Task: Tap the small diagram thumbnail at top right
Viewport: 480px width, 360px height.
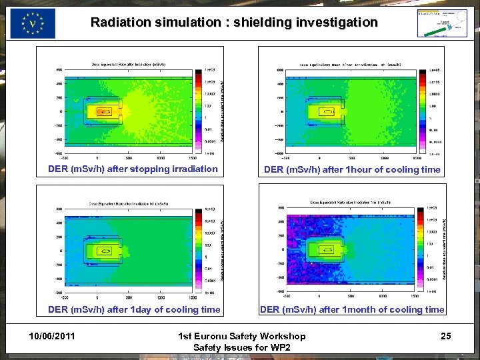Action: [442, 23]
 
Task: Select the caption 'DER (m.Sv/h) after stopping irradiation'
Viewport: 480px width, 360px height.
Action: [133, 169]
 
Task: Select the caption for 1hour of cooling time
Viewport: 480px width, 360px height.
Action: [352, 169]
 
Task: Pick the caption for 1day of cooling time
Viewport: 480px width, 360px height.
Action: [133, 309]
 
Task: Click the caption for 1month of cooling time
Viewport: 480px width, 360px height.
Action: [352, 309]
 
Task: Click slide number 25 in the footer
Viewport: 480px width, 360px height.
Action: [445, 336]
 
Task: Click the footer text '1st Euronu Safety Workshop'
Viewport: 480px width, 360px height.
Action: [241, 336]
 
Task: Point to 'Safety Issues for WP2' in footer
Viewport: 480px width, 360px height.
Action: [241, 348]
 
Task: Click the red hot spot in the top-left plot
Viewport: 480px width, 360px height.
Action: [103, 112]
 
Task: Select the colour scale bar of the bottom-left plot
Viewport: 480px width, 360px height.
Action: [199, 251]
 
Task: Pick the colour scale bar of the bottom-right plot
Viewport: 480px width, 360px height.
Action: [421, 251]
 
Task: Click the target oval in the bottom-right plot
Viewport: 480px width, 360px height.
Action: [327, 251]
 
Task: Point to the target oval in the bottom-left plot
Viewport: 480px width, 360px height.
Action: [104, 251]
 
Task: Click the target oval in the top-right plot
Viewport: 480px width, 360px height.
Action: [327, 112]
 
